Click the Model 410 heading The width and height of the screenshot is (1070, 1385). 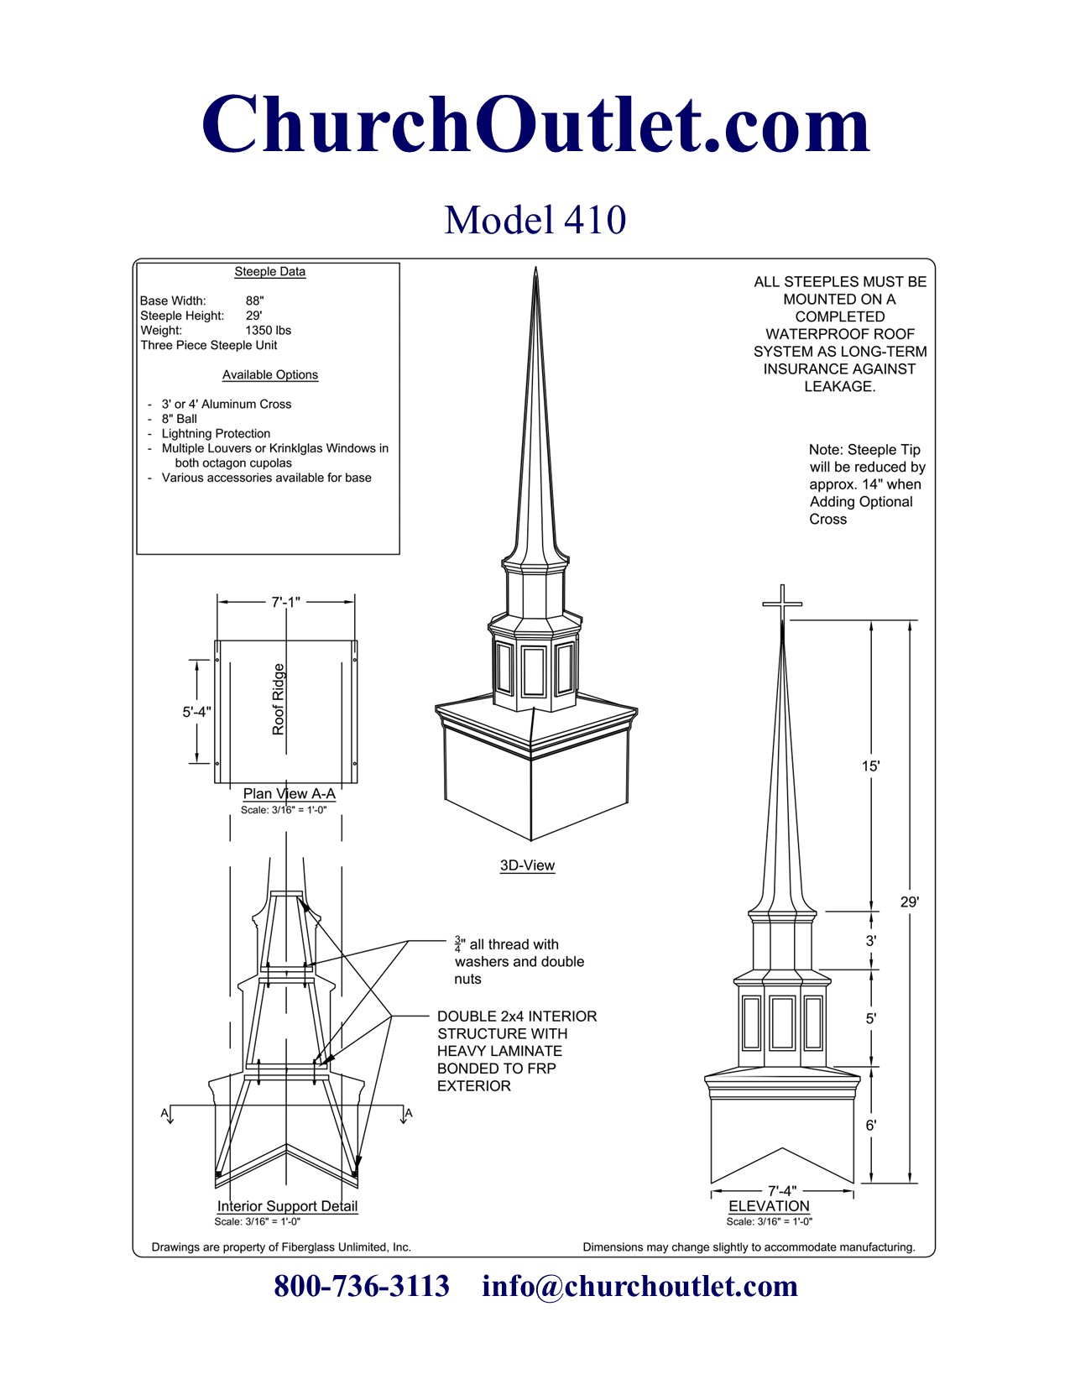tap(535, 220)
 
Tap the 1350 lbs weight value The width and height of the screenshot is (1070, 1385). tap(268, 330)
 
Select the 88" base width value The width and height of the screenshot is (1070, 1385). tap(254, 301)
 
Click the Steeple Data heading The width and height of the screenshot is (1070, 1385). tap(269, 271)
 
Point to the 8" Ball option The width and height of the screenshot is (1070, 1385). tap(179, 419)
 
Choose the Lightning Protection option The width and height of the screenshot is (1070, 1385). tap(216, 433)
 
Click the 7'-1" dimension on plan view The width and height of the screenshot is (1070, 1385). tap(285, 602)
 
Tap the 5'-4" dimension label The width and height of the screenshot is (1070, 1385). tap(196, 711)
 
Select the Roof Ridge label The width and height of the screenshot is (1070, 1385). tap(279, 698)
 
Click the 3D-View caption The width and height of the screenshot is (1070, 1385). tap(527, 865)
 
